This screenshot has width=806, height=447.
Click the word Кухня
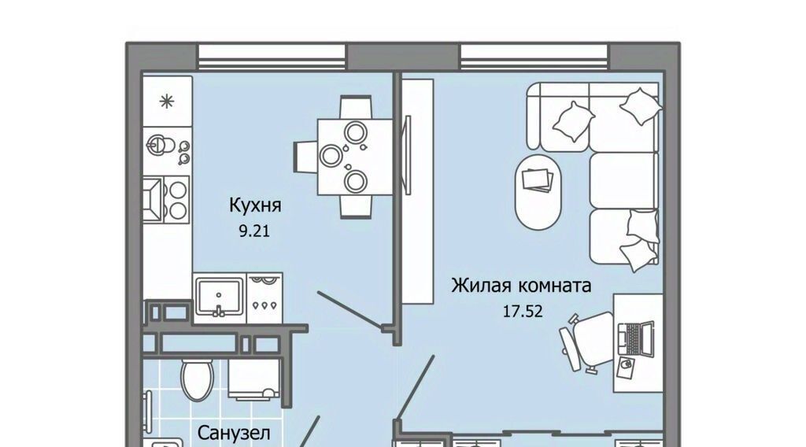coord(255,205)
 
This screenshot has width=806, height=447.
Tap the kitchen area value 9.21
coord(254,231)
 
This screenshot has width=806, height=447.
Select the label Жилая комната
coord(521,285)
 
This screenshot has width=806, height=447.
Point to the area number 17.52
coord(523,312)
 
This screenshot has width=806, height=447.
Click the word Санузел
coord(234,433)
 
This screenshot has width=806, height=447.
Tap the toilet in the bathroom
coord(197,379)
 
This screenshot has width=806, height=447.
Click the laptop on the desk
coord(636,338)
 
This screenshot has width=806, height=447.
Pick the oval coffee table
coord(538,192)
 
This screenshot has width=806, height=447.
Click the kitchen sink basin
coord(220,297)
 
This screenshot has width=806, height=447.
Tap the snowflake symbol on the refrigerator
coord(167,102)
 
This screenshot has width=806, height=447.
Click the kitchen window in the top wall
coord(272,57)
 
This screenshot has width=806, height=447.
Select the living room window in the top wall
coord(534,57)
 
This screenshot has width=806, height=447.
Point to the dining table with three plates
coord(355,157)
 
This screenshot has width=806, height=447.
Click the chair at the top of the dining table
coord(355,107)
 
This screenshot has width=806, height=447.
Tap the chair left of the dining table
coord(306,156)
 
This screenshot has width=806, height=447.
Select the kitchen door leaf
coord(350,309)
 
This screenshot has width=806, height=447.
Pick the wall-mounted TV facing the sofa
coord(409,155)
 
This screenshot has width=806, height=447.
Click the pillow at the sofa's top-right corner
coord(641,106)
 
